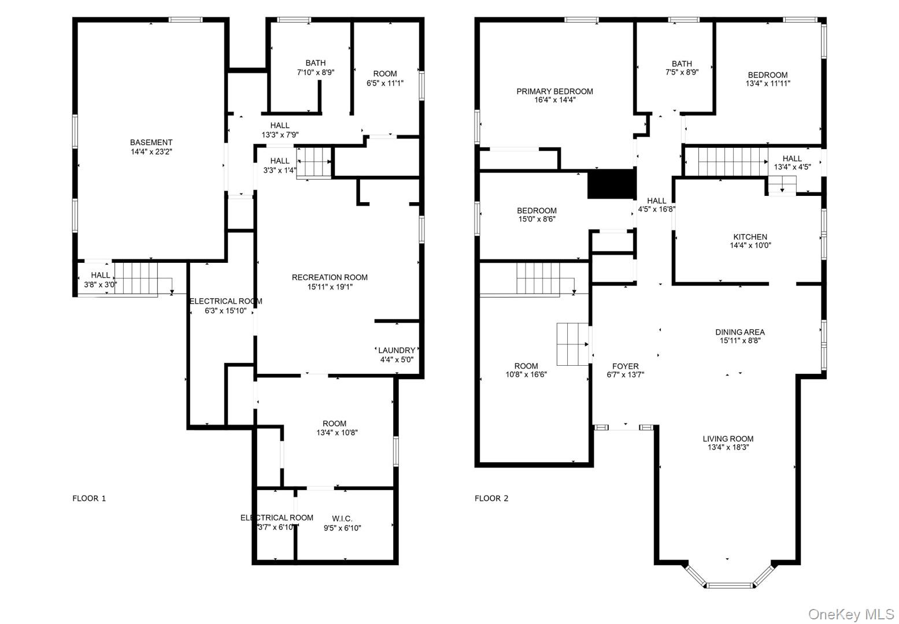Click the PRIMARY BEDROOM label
554,91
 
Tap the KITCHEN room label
750,237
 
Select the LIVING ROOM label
728,439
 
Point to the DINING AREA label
739,332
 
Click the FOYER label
626,366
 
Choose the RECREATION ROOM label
330,277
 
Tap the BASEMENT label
151,142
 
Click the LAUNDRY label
397,350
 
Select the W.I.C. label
342,518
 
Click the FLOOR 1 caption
89,499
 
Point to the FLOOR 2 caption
491,499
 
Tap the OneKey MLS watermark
851,614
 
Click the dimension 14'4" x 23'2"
151,151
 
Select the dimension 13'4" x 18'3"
728,447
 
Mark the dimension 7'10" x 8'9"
316,72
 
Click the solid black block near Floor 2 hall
611,184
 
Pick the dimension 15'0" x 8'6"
537,219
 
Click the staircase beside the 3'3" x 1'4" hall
314,163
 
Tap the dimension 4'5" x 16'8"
657,209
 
